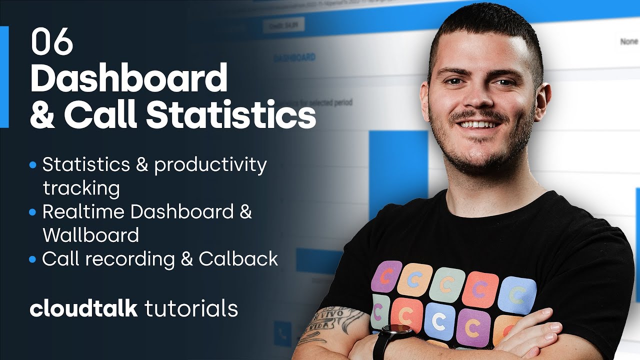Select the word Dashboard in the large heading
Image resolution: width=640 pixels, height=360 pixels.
pos(128,78)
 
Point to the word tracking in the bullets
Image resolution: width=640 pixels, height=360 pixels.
pos(81,188)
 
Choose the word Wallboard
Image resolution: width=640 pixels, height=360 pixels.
pos(90,235)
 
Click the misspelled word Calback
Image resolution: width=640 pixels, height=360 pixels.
pos(238,259)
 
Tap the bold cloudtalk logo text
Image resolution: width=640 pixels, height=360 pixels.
pos(83,308)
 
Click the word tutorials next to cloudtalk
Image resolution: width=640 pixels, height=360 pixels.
pos(191,308)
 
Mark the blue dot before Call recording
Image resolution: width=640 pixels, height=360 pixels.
pos(33,259)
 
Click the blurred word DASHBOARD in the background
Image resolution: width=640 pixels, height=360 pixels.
pos(294,57)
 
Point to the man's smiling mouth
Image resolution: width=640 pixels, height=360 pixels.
pos(478,123)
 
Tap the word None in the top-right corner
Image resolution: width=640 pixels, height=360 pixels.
pos(628,42)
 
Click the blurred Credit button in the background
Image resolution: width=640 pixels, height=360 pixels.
pos(283,25)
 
